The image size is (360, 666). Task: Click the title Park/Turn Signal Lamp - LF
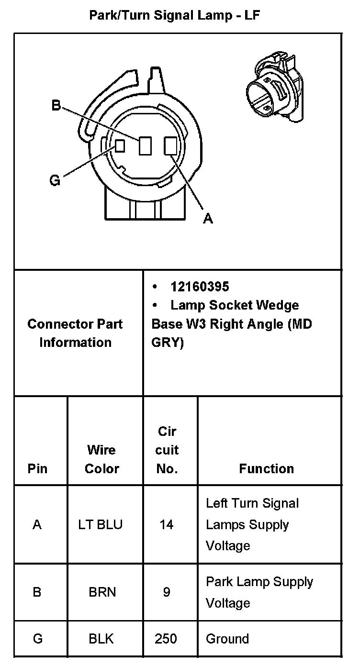pos(175,15)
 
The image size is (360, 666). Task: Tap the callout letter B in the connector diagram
pos(56,105)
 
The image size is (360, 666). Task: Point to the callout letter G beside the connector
pos(55,180)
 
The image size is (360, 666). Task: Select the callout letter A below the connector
pos(208,218)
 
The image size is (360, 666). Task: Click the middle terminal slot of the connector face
pos(145,146)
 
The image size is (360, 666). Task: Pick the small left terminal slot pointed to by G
pos(120,145)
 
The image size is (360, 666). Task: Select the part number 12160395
pos(200,287)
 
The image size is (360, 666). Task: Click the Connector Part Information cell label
pos(75,333)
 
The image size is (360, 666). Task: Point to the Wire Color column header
pos(101,459)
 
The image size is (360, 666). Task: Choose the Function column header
pos(266,468)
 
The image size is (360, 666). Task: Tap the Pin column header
pos(37,468)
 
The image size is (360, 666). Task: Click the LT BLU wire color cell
pos(101,524)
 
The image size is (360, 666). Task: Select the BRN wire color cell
pos(102,592)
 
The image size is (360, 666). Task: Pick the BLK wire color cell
pos(101,638)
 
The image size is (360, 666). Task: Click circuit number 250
pos(166,638)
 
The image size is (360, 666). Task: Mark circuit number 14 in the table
pos(166,524)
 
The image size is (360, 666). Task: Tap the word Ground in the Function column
pos(227,638)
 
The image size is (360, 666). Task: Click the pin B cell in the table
pos(37,592)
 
